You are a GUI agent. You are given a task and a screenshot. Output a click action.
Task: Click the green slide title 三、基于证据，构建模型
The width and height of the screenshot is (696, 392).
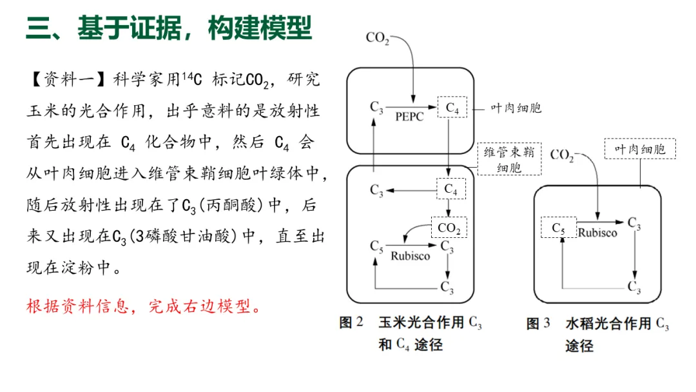coord(169,28)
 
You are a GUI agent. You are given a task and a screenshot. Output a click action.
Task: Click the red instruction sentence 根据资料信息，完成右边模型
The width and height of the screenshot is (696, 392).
coord(144,306)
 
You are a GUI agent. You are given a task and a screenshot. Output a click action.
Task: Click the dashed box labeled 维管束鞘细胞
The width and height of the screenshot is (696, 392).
coord(509,159)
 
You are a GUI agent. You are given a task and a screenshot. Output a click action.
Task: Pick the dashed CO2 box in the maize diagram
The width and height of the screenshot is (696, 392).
coord(449,228)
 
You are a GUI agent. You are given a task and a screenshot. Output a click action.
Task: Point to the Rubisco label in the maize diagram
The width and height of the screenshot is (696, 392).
coord(411,256)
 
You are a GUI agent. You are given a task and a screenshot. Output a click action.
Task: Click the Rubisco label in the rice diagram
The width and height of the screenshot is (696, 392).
coord(597,233)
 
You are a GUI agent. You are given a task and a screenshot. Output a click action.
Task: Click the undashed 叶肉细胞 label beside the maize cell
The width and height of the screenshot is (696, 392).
coord(516,108)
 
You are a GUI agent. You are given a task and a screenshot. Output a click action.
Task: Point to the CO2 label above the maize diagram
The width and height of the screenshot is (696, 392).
coord(378,38)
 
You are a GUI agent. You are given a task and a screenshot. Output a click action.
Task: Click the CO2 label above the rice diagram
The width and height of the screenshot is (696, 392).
coord(562,155)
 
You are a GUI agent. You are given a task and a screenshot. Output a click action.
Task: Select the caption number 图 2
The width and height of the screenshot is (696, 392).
coord(351,322)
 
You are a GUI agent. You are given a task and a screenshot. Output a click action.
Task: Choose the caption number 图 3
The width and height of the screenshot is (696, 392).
coord(538,323)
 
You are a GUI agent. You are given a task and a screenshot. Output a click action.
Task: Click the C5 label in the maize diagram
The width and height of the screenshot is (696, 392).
coord(377,246)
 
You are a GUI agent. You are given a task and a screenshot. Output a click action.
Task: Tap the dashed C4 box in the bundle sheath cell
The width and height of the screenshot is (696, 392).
coord(452,190)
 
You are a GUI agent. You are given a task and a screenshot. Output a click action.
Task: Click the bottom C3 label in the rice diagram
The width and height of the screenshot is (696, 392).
coord(635,287)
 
